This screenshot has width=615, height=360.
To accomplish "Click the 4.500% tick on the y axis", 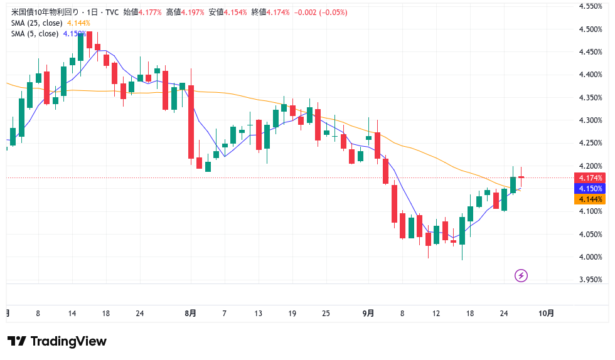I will tap(590, 29).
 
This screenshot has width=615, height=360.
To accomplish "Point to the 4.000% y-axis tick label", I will tap(590, 257).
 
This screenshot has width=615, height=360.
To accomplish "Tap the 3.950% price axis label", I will tap(590, 279).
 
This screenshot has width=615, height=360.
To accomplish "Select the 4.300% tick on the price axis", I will tap(590, 120).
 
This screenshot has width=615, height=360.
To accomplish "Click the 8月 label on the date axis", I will tap(191, 313).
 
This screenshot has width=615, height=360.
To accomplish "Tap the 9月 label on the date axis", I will tap(368, 313).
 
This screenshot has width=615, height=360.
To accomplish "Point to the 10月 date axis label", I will tap(547, 313).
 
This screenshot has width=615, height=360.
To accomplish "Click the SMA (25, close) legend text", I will tap(37, 23).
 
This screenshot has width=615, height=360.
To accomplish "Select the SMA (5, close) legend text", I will tap(35, 34).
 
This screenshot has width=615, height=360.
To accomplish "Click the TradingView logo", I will tap(57, 341).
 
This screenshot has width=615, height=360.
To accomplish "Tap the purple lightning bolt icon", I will tap(520, 275).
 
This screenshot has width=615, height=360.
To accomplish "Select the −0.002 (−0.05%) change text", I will tap(321, 12).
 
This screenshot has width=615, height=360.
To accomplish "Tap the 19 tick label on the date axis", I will tap(291, 313).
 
